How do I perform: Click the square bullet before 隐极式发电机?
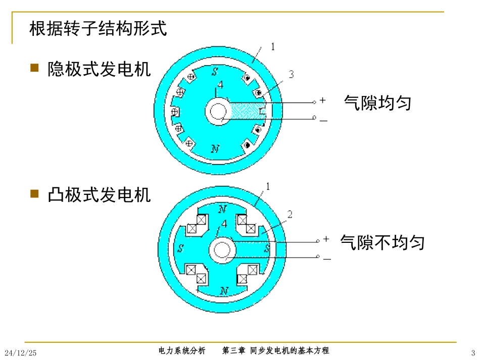[35, 68]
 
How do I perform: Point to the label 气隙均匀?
[377, 103]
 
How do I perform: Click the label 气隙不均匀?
[382, 242]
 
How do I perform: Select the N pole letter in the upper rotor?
[215, 148]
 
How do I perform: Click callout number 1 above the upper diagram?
[273, 47]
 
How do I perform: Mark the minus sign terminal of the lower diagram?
[326, 259]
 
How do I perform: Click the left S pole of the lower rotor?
[180, 248]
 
